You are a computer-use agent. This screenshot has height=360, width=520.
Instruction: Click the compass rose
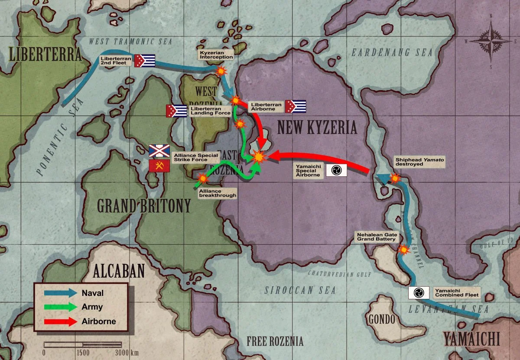pos(491,42)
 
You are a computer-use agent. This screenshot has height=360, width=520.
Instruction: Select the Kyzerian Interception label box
pos(216,55)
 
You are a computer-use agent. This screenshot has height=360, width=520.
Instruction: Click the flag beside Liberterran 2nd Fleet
pos(145,61)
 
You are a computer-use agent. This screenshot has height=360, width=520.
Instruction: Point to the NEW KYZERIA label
pos(317,127)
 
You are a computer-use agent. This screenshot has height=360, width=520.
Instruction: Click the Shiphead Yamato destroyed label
pos(419,162)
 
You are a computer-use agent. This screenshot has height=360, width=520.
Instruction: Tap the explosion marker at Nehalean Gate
pos(404,250)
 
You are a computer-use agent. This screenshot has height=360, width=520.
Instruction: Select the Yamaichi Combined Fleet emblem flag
pos(419,293)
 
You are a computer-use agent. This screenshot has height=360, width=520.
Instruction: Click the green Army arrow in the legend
pos(60,307)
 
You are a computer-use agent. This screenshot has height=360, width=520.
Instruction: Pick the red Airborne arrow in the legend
pos(60,321)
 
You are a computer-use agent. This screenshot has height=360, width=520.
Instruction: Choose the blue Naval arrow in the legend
pos(60,293)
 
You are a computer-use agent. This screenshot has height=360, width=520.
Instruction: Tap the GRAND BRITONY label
pos(144,206)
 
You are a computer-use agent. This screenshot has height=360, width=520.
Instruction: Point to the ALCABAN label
pos(118,271)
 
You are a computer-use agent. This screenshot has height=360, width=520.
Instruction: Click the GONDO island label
pos(382,320)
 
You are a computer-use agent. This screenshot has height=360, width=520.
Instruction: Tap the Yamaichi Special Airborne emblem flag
pos(336,170)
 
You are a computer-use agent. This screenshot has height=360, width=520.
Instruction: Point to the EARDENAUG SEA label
pos(392,53)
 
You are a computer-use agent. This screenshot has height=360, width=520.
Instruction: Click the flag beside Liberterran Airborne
pos(296,106)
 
